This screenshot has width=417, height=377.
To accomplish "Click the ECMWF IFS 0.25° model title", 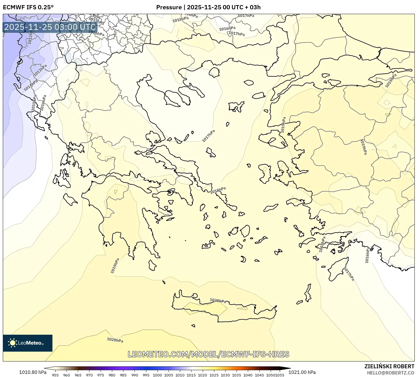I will pyautogui.click(x=28, y=7).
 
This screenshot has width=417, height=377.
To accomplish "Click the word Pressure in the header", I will pyautogui.click(x=169, y=7).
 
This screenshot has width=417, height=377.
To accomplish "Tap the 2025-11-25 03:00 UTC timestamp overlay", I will pyautogui.click(x=50, y=27).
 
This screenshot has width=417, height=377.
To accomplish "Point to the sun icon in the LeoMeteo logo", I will pyautogui.click(x=12, y=343).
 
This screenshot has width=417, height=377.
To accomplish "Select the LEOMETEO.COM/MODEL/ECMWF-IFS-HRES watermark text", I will pyautogui.click(x=208, y=354).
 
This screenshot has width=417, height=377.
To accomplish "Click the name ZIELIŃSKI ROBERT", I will pyautogui.click(x=389, y=366).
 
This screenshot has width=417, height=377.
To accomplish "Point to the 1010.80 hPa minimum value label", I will pyautogui.click(x=33, y=372).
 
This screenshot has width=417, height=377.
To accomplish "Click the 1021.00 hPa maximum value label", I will pyautogui.click(x=303, y=372).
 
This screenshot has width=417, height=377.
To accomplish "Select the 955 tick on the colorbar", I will pyautogui.click(x=55, y=375).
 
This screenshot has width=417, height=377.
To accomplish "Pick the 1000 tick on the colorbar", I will pyautogui.click(x=157, y=375).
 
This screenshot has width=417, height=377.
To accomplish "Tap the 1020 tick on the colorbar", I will pyautogui.click(x=202, y=375).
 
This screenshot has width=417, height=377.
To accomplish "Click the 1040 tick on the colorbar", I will pyautogui.click(x=248, y=375).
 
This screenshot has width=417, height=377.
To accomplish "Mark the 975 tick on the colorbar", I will pyautogui.click(x=101, y=375).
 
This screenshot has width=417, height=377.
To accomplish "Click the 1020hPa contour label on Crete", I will pyautogui.click(x=218, y=301).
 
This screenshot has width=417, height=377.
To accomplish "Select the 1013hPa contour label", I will pyautogui.click(x=40, y=70).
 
